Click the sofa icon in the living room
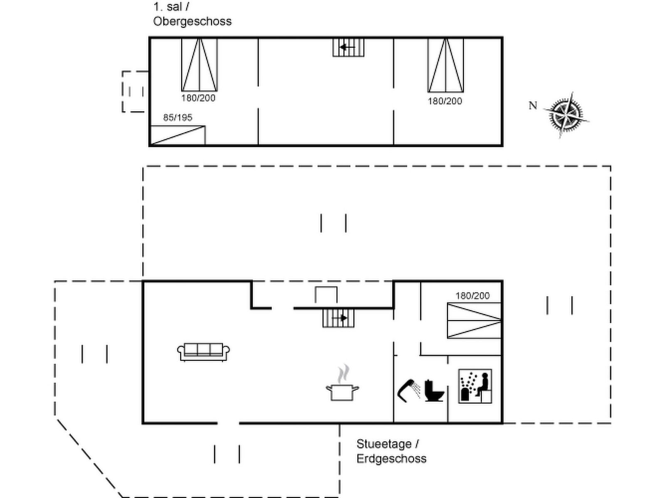coord(204,352)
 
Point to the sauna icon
coord(475,386)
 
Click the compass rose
coord(566,114)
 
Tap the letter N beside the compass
coord(532,106)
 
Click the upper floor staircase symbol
coord(348,47)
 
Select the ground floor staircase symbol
coord(338,318)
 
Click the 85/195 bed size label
coord(178,118)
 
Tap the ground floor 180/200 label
coord(473,296)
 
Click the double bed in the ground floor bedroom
coord(474,320)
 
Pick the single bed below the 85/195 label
coord(177,135)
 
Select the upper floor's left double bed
coord(199,65)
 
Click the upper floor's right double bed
coord(446,65)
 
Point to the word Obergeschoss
coord(192,22)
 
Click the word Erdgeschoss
coord(392,459)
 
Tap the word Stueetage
coord(384,444)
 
